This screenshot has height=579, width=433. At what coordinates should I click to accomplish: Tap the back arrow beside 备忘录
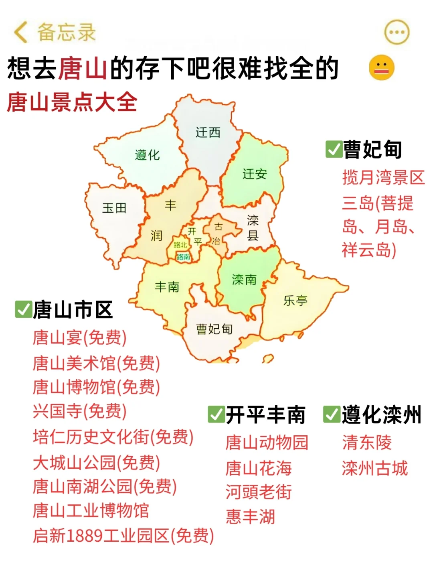pos(21,32)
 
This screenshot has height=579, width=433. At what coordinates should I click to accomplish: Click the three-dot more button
pos(397,32)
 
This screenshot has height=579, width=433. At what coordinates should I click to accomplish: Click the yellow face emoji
pos(381,67)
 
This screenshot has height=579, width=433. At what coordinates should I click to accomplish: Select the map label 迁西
pos(208,132)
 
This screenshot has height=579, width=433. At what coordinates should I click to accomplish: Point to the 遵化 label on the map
pos(147,155)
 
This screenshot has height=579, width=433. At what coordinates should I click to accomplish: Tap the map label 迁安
pos(254,174)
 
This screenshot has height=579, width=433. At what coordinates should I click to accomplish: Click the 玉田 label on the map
pos(114,208)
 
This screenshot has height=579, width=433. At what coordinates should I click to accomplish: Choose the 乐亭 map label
pos(295,300)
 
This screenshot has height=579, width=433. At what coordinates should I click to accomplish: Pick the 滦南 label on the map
pos(244,279)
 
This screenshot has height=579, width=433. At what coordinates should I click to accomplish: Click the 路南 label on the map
pos(183,257)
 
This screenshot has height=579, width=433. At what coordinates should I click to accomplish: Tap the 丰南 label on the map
pos(167,286)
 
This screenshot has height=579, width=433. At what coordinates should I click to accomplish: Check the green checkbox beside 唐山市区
pos(23,309)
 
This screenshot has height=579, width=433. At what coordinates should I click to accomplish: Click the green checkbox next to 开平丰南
pos(216,414)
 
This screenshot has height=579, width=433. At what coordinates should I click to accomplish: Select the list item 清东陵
pos(367,443)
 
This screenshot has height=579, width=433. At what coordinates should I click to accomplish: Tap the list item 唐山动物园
pos(267,443)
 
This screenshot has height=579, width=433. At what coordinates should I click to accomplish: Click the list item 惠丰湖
pos(250,517)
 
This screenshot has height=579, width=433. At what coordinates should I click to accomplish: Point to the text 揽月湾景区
pos(383,177)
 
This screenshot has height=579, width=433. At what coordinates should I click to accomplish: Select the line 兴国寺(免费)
pos(79,411)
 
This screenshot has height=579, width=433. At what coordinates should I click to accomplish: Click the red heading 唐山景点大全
pos(72,102)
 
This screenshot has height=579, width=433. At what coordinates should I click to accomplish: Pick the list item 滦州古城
pos(375,468)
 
